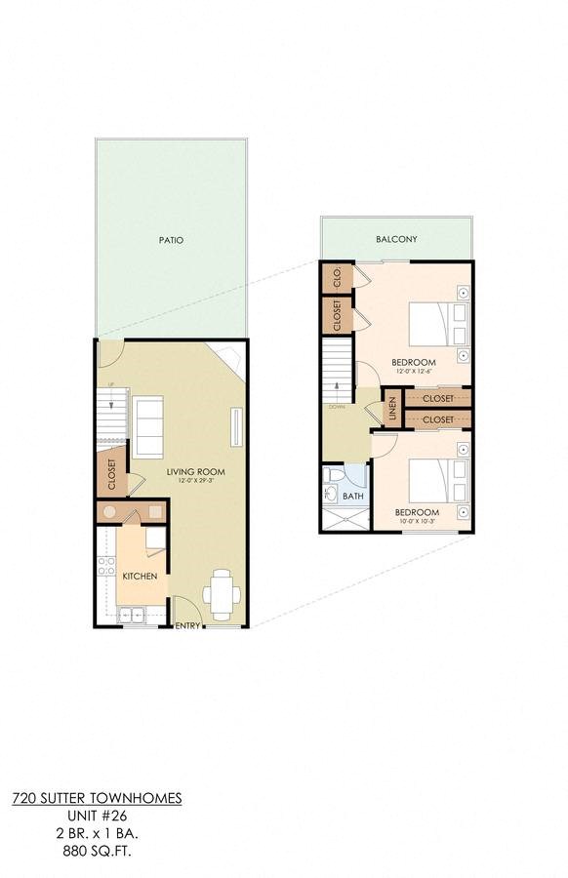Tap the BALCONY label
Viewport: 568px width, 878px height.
pos(396,239)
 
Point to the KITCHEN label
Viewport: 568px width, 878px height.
pos(140,576)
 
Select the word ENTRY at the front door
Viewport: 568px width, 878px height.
pos(186,626)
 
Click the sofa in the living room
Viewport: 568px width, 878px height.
pos(147,427)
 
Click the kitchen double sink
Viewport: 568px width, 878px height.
pos(129,615)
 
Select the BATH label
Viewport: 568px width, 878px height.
pos(353,497)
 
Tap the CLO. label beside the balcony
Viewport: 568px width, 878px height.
pos(338,276)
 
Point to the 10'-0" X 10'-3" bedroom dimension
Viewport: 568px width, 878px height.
pos(417,522)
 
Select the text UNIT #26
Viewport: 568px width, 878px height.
pos(97,815)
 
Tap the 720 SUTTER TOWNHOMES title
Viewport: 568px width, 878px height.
pos(97,797)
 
